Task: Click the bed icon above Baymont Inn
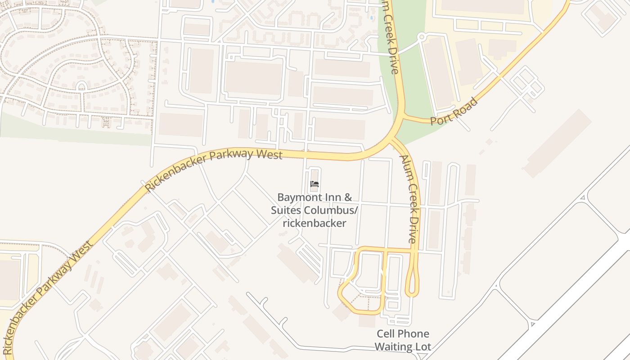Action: (x=315, y=184)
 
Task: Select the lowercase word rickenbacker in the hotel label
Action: (x=315, y=223)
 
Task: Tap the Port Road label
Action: (x=453, y=111)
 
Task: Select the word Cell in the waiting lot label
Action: (x=386, y=334)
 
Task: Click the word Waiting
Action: (x=393, y=346)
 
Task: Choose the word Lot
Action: (x=423, y=346)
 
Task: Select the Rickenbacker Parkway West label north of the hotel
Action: (x=214, y=168)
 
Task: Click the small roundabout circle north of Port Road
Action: (x=421, y=37)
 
